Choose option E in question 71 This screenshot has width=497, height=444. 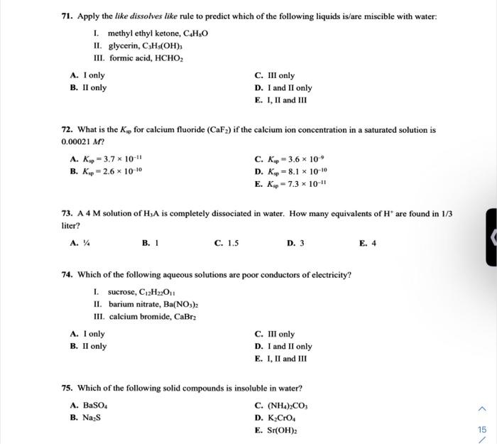(x=280, y=100)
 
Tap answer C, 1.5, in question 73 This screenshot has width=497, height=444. (x=226, y=243)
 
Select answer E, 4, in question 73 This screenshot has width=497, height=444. (x=368, y=243)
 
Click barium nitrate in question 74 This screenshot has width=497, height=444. (x=132, y=304)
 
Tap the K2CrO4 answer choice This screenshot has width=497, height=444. (x=278, y=418)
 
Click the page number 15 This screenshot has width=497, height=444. (x=483, y=430)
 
